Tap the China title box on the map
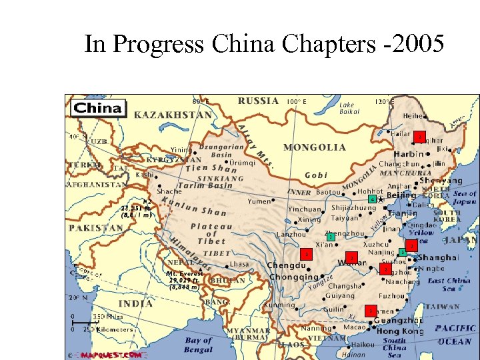98,108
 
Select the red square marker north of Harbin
419,137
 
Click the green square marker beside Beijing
371,199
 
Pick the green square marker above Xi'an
329,237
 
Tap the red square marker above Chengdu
306,254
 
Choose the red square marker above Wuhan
352,257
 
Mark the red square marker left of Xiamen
370,311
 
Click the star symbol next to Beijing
380,199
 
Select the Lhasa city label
239,264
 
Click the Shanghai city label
439,257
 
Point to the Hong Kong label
400,331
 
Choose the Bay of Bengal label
198,345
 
